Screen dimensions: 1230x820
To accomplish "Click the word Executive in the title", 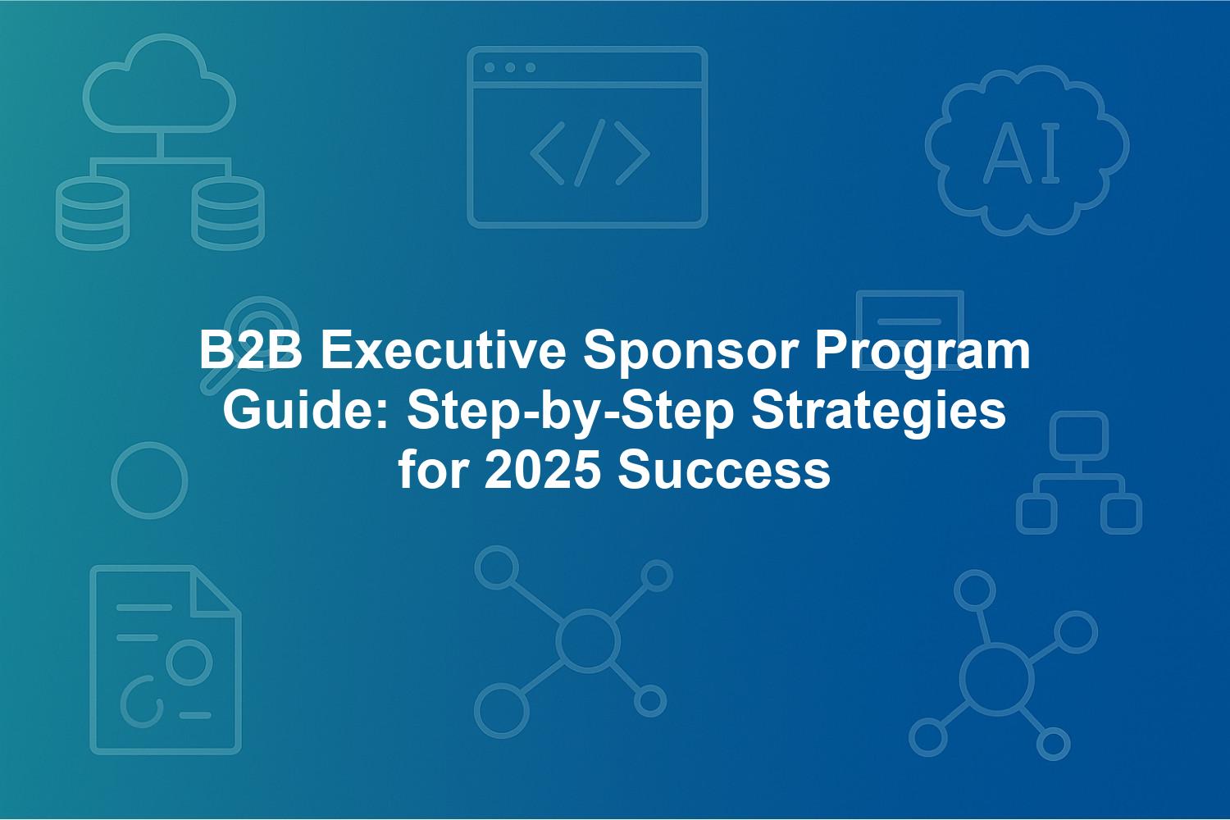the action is coord(443,351).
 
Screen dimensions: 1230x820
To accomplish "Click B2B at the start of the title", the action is coord(250,351).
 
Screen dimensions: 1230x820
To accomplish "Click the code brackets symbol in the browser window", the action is coord(590,153).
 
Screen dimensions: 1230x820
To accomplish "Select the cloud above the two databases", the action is coord(160,84).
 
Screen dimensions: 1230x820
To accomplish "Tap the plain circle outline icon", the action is coord(149,481).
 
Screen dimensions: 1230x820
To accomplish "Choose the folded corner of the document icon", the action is coord(215,591).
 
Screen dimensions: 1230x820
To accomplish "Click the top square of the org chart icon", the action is coord(1079,435).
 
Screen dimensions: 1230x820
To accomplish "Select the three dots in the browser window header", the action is coord(510,67).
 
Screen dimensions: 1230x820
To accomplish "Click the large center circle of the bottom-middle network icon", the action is coord(588,640).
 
